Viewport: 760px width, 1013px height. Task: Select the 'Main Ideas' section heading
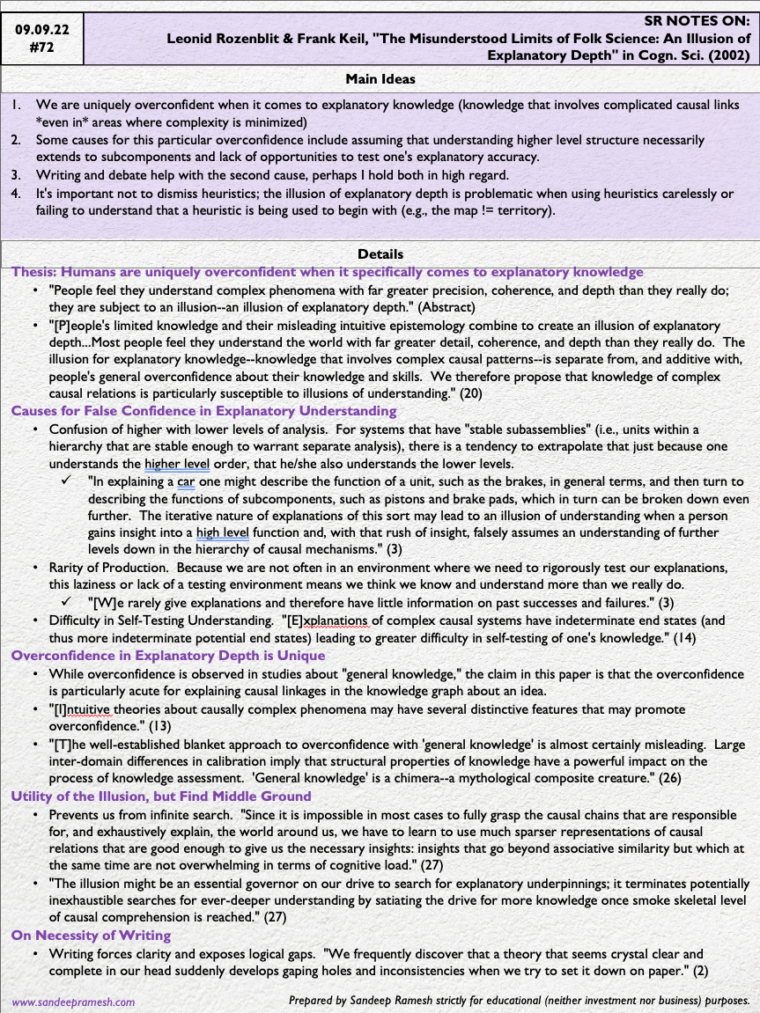point(380,79)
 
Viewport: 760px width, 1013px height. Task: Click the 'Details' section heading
point(380,254)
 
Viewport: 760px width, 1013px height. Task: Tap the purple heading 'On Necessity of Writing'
point(91,936)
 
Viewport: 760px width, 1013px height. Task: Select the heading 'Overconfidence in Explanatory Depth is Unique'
point(168,656)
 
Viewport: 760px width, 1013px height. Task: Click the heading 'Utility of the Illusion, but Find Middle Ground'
point(161,796)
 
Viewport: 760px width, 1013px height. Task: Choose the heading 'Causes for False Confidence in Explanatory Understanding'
point(203,411)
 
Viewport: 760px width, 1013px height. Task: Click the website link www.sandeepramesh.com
point(73,1002)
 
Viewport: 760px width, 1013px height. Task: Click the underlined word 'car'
point(185,481)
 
